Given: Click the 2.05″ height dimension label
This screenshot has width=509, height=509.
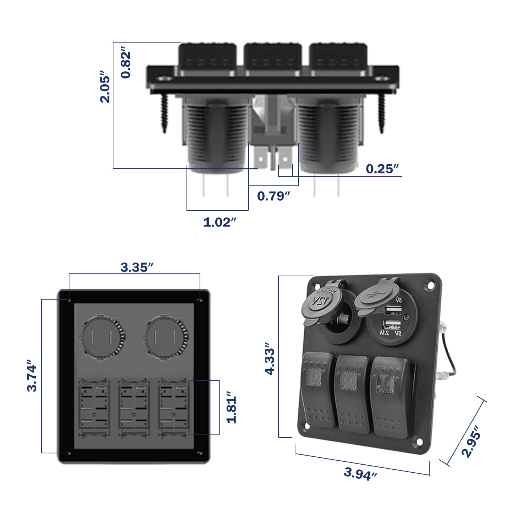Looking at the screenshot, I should tap(105, 87).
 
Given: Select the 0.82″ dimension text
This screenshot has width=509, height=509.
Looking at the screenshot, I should tap(126, 65).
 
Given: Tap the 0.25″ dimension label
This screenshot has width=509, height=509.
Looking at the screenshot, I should tap(382, 169).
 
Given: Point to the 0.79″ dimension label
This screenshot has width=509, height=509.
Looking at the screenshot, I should tap(273, 196).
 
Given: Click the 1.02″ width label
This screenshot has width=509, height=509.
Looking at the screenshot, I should tap(220, 222).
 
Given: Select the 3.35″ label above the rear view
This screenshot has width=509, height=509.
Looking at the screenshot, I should tap(137, 268).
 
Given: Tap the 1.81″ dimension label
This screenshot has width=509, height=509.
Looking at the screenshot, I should tap(232, 407).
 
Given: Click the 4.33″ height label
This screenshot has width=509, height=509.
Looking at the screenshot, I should tap(270, 358).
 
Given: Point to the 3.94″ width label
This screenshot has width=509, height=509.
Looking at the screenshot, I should tap(360, 473).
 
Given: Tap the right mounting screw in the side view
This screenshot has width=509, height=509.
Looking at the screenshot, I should tap(381, 113).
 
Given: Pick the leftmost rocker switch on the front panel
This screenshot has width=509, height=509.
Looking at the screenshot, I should tap(318, 389).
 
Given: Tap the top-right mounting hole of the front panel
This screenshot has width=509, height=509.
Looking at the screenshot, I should tap(430, 286).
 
